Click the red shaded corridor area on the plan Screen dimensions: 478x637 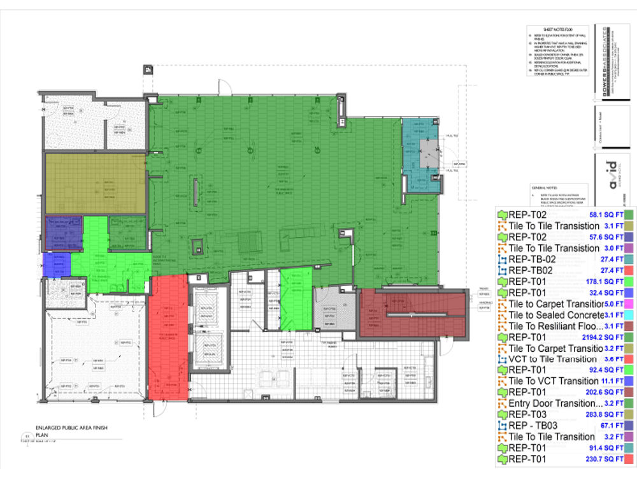(x=169, y=338)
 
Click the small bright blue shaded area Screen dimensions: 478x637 (x=56, y=264)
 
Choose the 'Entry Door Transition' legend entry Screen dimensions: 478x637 (x=555, y=403)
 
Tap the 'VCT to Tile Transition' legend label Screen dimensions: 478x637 (x=553, y=359)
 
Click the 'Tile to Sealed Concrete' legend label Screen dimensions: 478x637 (x=556, y=315)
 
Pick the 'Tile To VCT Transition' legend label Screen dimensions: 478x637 (x=554, y=381)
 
